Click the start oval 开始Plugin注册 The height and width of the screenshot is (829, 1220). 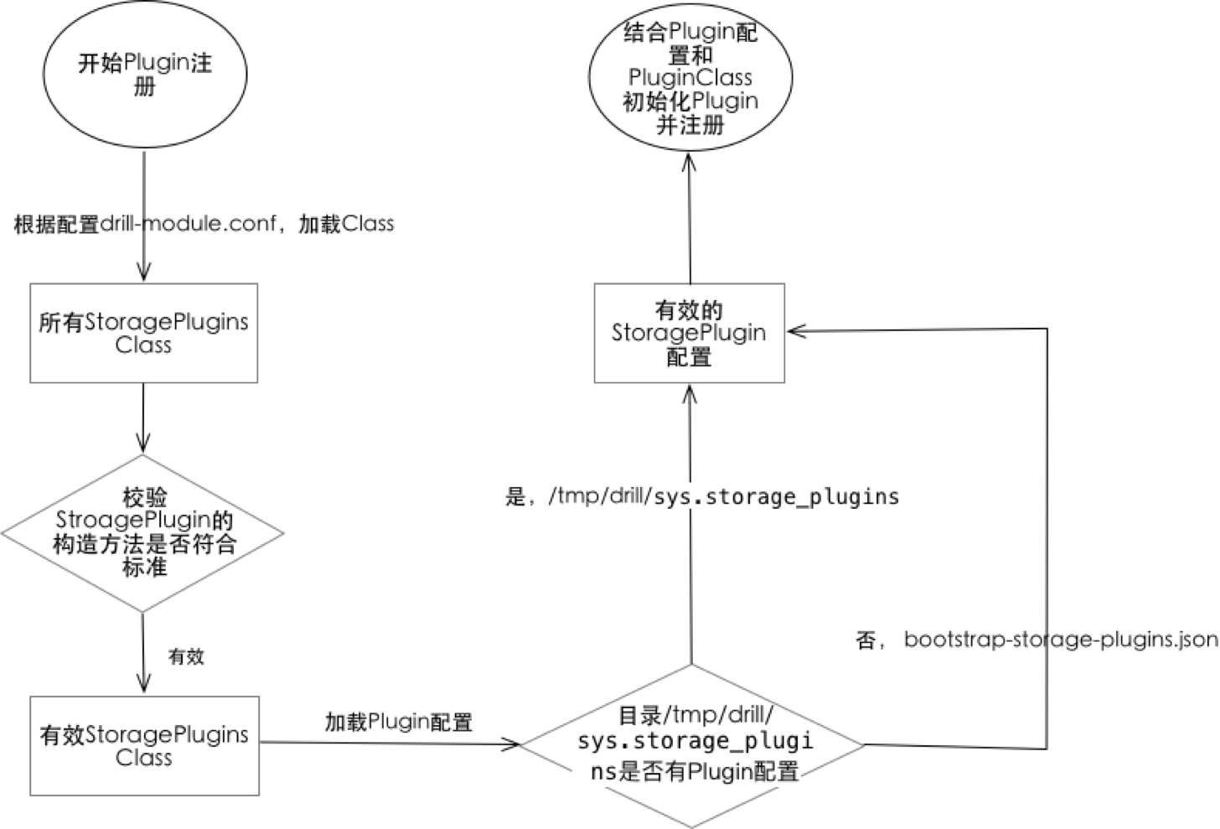point(144,75)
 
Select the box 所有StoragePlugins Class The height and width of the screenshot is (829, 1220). point(143,333)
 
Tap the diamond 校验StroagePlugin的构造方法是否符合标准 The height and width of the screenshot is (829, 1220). point(143,533)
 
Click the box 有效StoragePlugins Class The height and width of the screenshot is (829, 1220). point(144,745)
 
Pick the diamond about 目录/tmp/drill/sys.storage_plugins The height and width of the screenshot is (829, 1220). point(693,745)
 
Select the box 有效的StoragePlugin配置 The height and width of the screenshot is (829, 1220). point(689,333)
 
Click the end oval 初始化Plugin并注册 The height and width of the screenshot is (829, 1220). point(690,78)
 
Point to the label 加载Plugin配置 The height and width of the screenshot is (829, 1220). point(399,722)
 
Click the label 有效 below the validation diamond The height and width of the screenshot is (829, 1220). point(186,656)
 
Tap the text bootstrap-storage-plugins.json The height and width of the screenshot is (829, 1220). point(1061,640)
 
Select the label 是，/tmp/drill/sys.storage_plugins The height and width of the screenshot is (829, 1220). point(702,496)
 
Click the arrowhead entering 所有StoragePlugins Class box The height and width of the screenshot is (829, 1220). point(143,273)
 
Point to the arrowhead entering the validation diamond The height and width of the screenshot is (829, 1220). point(143,444)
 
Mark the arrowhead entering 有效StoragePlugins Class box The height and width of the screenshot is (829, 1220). point(144,685)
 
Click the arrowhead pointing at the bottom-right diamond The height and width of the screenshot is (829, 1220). point(511,744)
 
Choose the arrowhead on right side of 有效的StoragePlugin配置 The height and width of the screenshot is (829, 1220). point(796,331)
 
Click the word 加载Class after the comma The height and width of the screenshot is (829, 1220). point(347,224)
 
